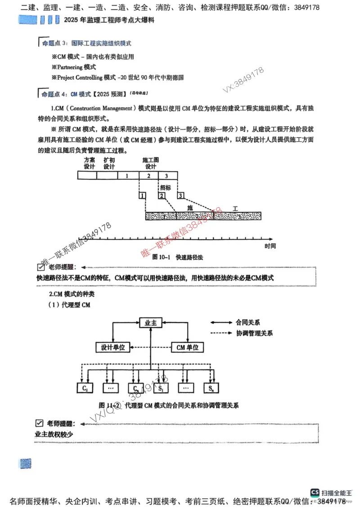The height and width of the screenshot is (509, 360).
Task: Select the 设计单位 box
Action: (x=113, y=347)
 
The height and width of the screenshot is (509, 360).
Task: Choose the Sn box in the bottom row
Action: (x=211, y=388)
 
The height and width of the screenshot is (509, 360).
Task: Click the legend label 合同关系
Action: (x=248, y=322)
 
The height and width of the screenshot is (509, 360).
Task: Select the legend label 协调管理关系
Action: (x=254, y=333)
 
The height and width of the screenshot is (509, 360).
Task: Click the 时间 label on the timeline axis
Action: (x=270, y=246)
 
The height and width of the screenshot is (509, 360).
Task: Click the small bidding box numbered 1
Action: (x=142, y=196)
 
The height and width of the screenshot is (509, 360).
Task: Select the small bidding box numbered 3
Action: (x=180, y=196)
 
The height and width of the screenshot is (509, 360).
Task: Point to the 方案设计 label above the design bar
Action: (x=90, y=163)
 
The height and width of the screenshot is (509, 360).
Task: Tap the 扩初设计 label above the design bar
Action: (x=109, y=163)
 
